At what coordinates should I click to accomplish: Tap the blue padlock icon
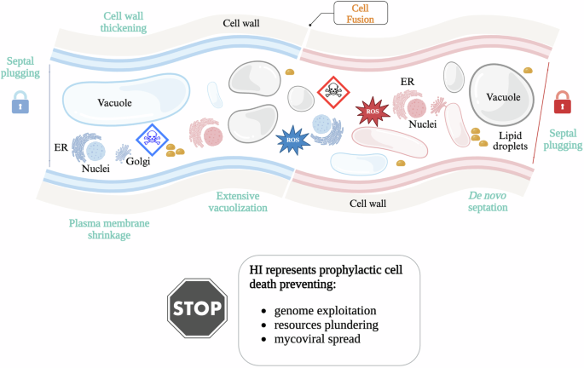20,105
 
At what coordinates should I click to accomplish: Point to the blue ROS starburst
292,139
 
